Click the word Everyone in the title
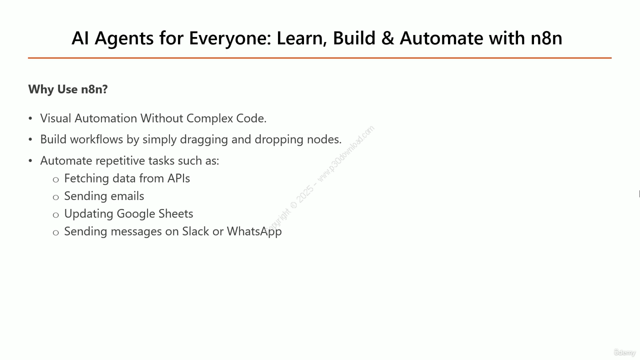pos(229,38)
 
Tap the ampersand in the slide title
pos(387,38)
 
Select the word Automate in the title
pos(441,38)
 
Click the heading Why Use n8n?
pos(68,89)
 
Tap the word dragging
pos(203,139)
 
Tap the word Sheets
pos(175,213)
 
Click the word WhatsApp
pos(254,231)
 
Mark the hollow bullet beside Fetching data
pos(55,179)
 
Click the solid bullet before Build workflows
pos(30,139)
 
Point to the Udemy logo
pos(624,352)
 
